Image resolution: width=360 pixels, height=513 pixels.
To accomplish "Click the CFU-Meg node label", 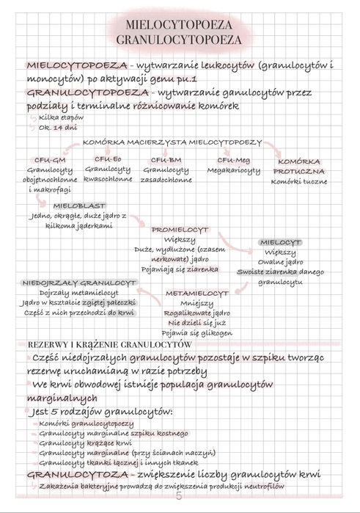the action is coord(233,159).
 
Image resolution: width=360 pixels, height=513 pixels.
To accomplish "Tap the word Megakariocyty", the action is coord(233,170).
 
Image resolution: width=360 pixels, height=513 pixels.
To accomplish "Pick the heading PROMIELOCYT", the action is coord(180,230).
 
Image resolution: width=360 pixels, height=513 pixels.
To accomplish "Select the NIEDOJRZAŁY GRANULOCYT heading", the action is coord(71,282).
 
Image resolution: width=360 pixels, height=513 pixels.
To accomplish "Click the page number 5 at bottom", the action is coord(179,501).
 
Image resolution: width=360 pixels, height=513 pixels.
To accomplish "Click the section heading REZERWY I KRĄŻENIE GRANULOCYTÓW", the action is coord(109,343).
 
